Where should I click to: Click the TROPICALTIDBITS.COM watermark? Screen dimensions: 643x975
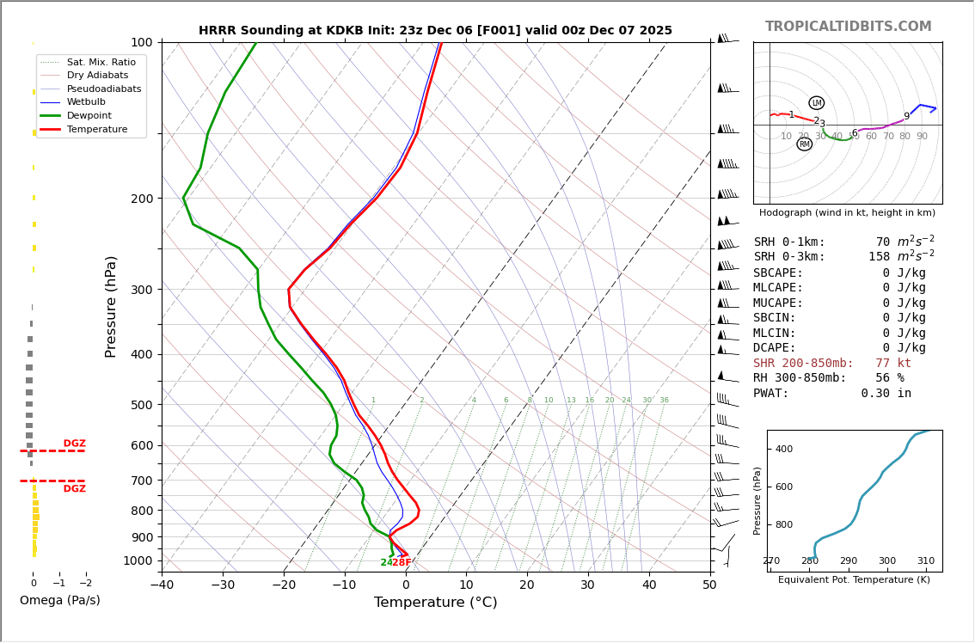tap(848, 27)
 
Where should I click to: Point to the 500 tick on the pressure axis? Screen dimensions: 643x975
tap(141, 405)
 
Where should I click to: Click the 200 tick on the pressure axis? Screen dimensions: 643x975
tap(141, 199)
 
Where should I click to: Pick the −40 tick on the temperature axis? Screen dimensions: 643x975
tap(162, 585)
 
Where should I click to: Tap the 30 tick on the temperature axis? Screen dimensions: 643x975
tap(588, 585)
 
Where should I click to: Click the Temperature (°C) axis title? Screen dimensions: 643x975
tap(435, 603)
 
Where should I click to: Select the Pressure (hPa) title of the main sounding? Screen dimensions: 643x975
tap(111, 306)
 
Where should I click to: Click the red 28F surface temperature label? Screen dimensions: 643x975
tap(402, 563)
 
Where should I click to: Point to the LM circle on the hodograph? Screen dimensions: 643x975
tap(816, 103)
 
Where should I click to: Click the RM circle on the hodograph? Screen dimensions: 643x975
tap(804, 144)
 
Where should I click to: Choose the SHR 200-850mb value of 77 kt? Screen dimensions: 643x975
tap(893, 364)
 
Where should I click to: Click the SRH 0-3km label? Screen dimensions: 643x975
tap(789, 257)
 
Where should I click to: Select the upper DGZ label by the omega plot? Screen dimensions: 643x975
tap(75, 444)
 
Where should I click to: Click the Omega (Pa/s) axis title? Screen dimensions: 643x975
tap(60, 601)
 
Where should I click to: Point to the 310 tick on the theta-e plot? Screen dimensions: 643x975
tap(925, 561)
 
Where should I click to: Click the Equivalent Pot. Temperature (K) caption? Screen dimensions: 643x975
tap(854, 580)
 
